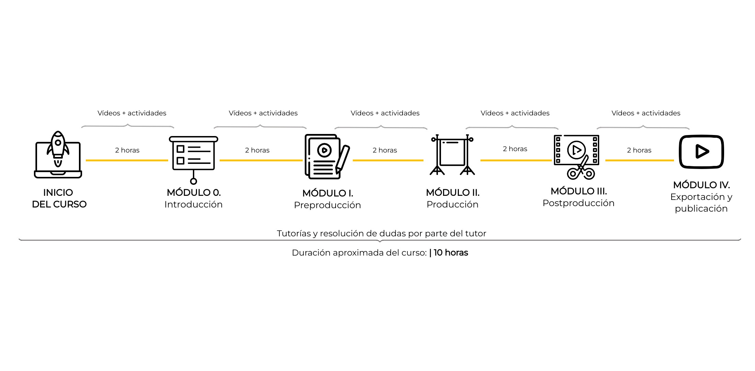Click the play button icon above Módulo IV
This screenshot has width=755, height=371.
[701, 151]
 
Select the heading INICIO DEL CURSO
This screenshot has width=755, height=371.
[59, 198]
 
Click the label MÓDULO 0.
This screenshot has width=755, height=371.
[194, 192]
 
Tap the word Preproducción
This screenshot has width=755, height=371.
[327, 205]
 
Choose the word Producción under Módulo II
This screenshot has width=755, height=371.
[452, 204]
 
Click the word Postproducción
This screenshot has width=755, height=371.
[578, 203]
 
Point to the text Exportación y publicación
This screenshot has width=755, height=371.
[701, 203]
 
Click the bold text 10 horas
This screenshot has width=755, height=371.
[451, 252]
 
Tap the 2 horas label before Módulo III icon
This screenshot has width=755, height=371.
[515, 149]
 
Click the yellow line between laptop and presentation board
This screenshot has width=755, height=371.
[127, 160]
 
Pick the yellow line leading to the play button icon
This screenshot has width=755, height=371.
[640, 160]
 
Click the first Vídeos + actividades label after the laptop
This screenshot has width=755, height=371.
[132, 113]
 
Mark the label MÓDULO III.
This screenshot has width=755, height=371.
[579, 191]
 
